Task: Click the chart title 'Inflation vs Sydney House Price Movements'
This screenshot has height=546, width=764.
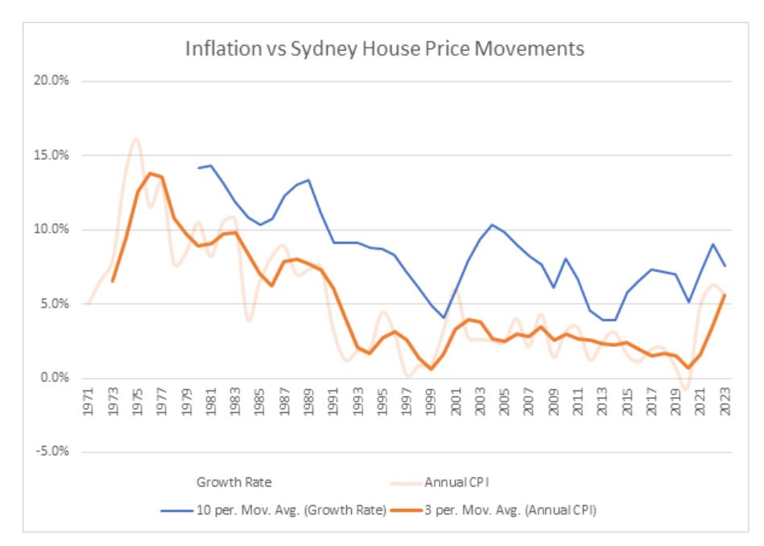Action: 384,49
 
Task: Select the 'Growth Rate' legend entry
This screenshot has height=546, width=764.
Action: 234,483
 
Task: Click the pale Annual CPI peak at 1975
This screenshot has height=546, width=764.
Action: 136,139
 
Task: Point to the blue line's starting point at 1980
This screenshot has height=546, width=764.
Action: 198,168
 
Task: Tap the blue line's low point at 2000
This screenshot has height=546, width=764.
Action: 444,317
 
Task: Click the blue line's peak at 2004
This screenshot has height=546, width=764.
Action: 493,225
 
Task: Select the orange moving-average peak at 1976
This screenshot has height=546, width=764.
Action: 149,173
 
